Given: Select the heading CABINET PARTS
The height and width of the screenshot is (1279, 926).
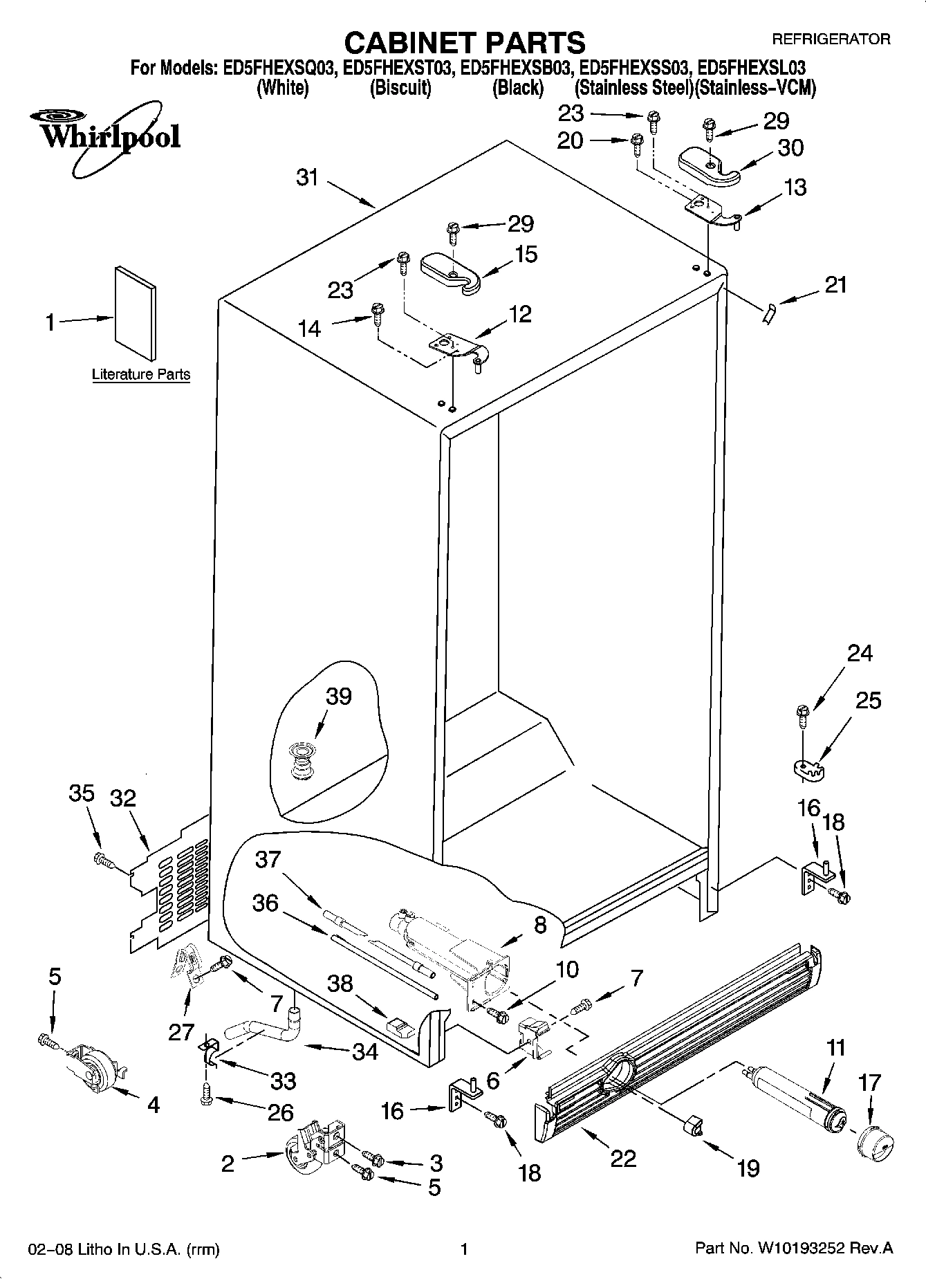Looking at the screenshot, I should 465,43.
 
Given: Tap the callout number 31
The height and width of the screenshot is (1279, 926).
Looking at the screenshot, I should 307,177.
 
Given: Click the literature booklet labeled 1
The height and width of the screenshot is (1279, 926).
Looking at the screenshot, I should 135,314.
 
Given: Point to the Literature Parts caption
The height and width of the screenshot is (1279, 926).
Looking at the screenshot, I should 141,375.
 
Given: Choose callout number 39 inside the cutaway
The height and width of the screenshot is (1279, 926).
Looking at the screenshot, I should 339,697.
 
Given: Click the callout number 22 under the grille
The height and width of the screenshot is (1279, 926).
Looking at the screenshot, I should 623,1158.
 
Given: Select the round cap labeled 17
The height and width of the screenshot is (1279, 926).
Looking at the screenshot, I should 874,1144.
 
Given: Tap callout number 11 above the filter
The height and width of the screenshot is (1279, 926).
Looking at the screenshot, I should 835,1048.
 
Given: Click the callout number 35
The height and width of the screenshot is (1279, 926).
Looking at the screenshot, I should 82,793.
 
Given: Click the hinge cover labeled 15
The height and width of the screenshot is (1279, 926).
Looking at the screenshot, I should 451,271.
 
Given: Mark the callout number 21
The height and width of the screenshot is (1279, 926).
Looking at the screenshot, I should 836,284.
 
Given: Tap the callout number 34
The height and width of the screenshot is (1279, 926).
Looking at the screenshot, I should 364,1052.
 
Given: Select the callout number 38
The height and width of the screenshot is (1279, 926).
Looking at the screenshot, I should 340,983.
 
